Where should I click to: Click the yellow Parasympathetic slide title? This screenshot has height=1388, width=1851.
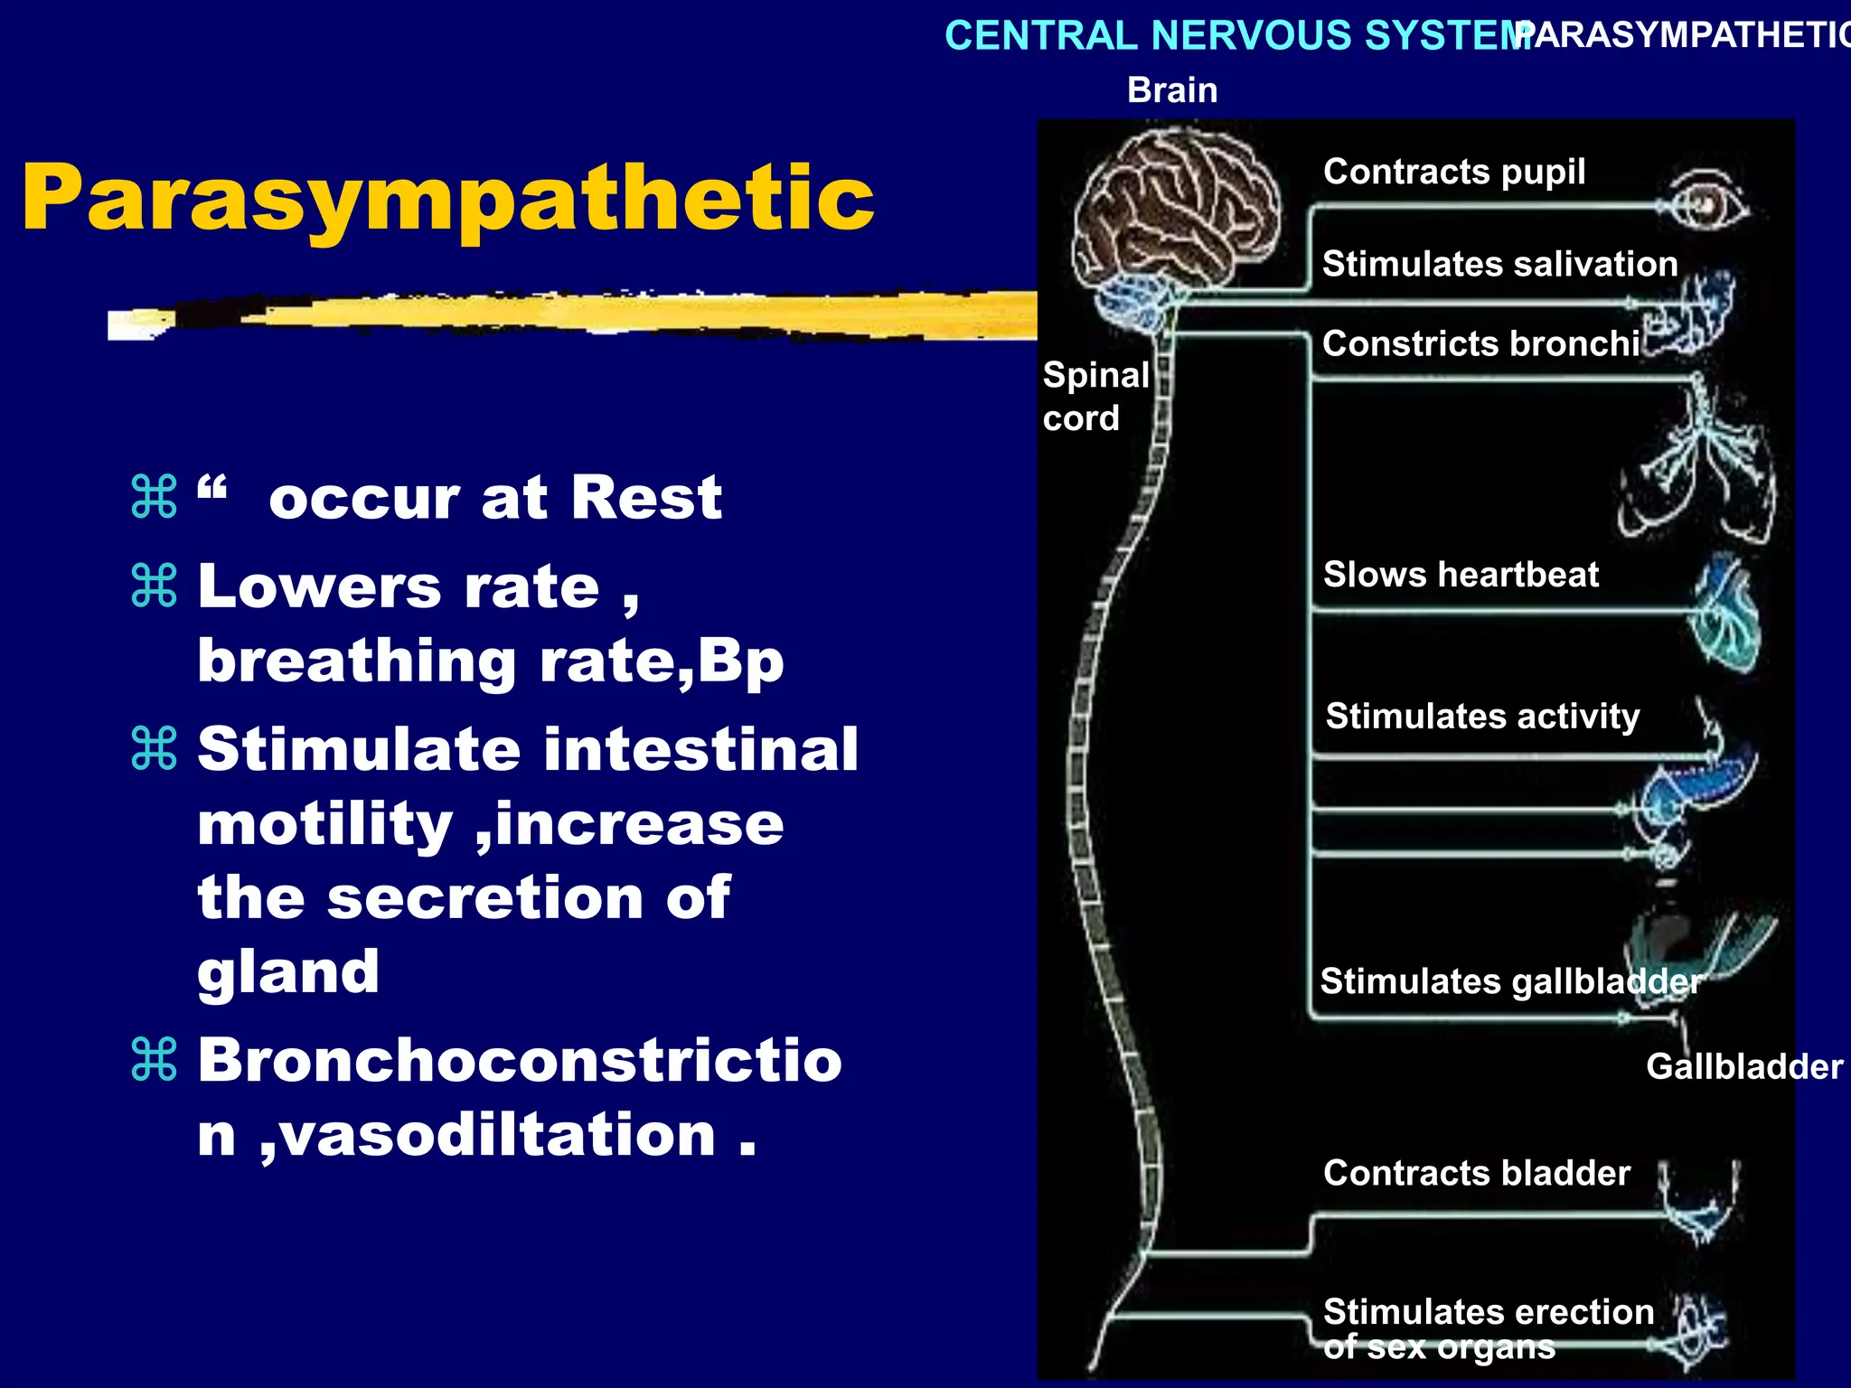447,199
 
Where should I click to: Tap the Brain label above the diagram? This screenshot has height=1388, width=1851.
1172,90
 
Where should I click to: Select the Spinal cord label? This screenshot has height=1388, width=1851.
1094,396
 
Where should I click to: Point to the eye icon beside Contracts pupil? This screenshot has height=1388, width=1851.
1706,204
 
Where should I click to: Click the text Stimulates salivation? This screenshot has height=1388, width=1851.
1499,264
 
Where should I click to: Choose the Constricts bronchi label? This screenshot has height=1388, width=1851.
1480,343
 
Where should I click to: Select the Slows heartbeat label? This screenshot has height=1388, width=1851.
1461,575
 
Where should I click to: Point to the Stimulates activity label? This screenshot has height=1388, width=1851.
1482,716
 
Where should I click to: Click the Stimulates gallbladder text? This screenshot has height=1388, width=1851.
1509,981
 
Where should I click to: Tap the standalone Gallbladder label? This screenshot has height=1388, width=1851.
1743,1066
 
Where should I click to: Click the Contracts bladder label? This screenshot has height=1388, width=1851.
1476,1173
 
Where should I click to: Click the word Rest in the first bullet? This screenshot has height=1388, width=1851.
646,497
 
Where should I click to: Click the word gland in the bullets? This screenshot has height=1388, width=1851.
288,972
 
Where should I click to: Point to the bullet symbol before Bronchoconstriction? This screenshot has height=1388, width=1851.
154,1059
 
